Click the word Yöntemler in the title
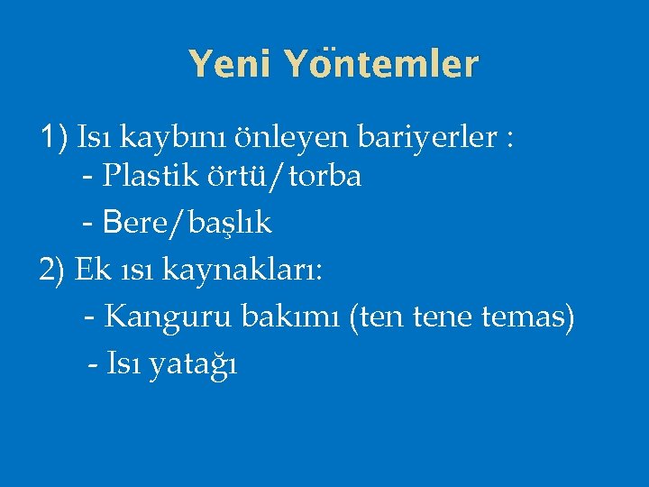point(380,64)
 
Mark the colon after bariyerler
point(511,141)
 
